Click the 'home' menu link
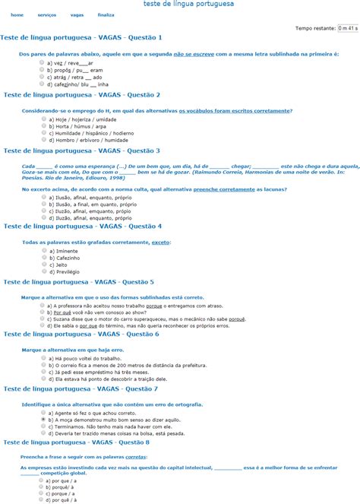tap(17, 15)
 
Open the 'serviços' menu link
tap(46, 15)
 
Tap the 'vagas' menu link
tap(77, 15)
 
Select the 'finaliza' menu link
tap(106, 15)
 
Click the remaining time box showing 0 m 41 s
tap(348, 28)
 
